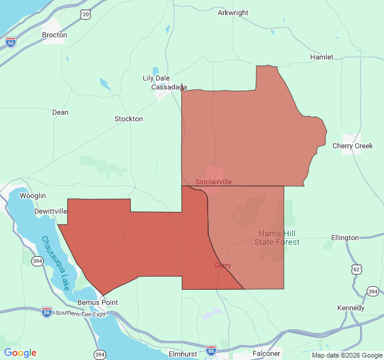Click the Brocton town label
[54, 35]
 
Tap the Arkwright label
[233, 13]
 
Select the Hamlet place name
[322, 57]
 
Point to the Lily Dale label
[156, 78]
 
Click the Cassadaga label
[169, 87]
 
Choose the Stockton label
[128, 119]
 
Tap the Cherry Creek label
[352, 146]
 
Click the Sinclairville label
[214, 181]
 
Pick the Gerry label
[223, 265]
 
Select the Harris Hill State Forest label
[279, 238]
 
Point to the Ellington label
[344, 238]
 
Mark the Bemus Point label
[98, 302]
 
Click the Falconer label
[266, 353]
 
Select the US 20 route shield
[86, 14]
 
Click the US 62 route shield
[357, 269]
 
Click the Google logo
[20, 353]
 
